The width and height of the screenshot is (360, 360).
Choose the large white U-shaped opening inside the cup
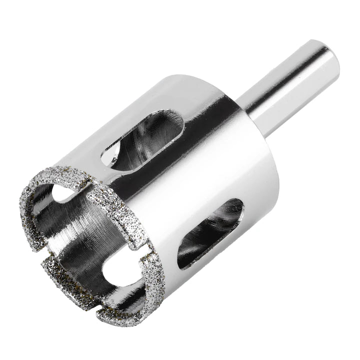tap(115, 272)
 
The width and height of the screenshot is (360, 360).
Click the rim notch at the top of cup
tap(82, 186)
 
